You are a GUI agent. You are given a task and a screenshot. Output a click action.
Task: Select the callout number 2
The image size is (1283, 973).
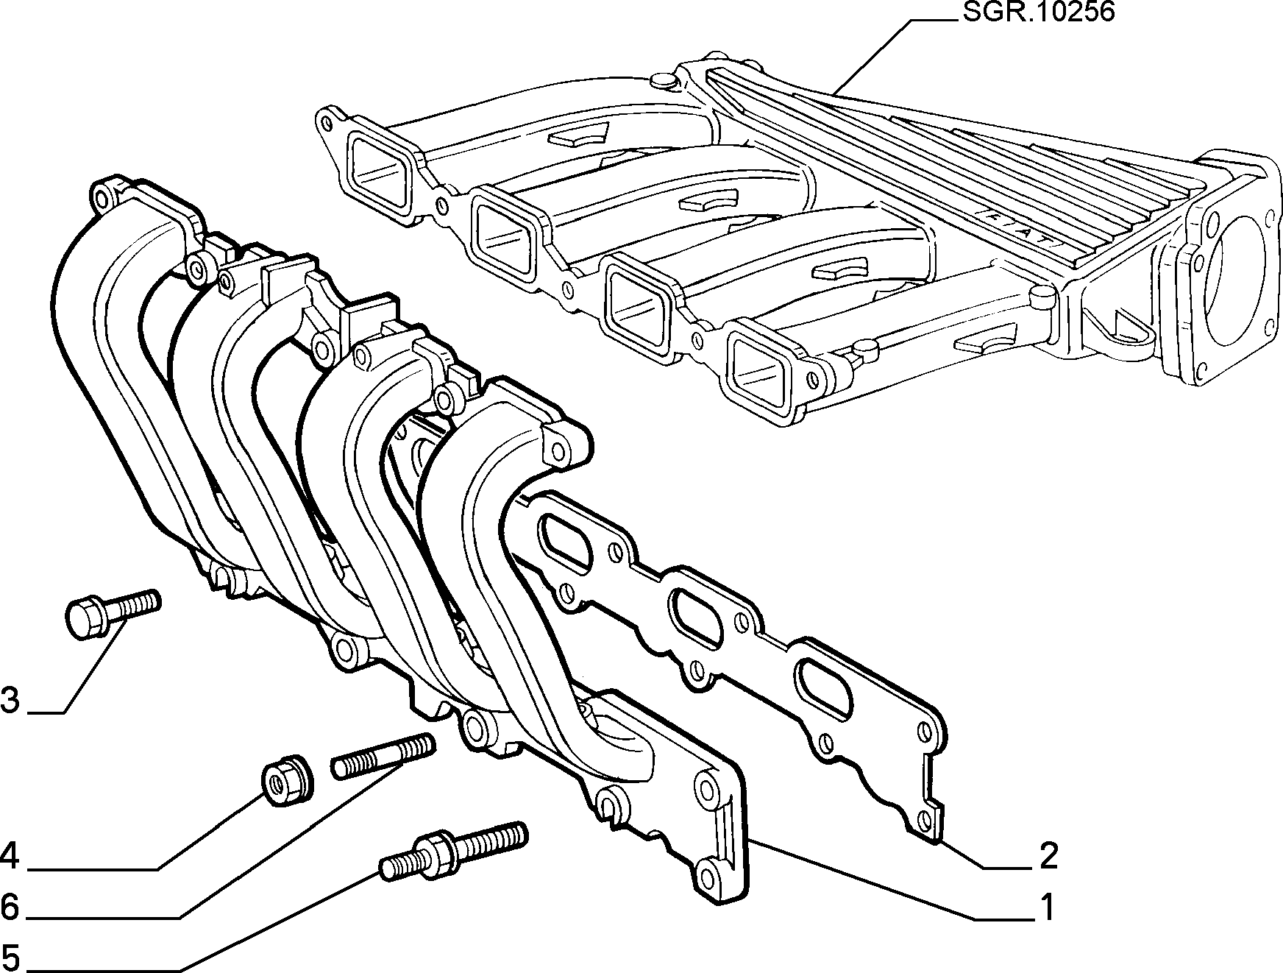[x=1048, y=855]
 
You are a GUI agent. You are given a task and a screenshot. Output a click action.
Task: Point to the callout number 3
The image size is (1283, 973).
[x=10, y=701]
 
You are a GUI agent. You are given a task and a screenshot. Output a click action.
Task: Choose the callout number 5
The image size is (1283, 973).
[x=10, y=959]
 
